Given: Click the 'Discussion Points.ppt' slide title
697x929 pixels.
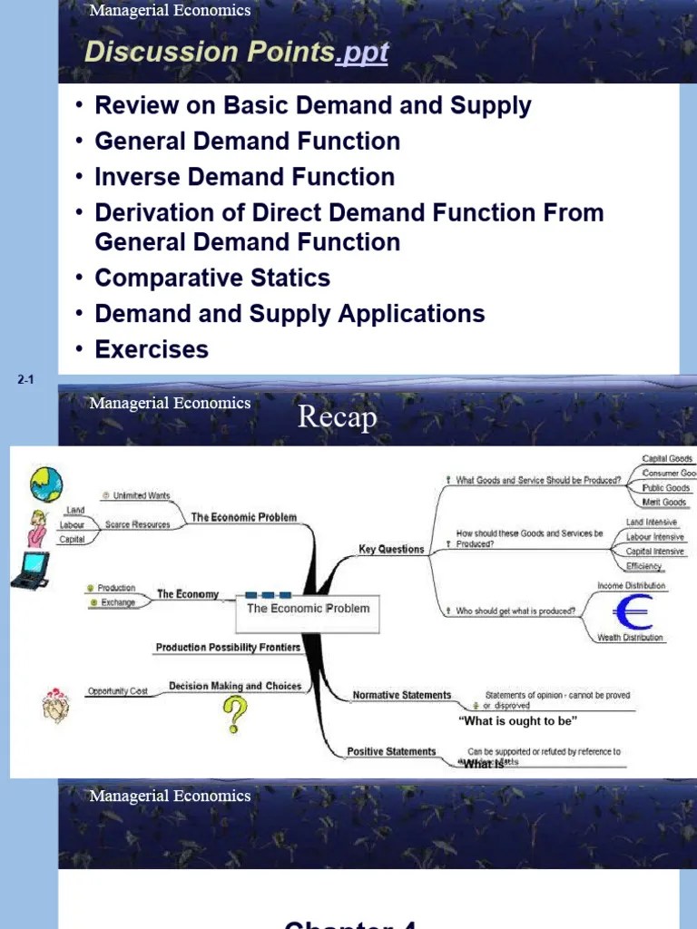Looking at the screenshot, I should point(236,53).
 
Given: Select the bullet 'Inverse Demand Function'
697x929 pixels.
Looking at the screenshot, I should point(244,177).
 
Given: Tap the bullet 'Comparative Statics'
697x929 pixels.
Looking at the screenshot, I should point(212,278).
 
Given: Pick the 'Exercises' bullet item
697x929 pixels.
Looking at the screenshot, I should point(152,349).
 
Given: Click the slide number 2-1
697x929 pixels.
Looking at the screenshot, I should point(25,380).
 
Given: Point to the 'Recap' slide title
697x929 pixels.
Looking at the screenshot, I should point(337,418).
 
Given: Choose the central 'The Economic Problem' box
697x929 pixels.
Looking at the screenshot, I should point(309,609).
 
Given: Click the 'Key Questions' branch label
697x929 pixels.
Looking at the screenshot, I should point(391,549).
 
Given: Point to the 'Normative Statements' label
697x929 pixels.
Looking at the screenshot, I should point(401,695).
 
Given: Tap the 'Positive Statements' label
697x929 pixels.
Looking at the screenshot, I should point(391,751).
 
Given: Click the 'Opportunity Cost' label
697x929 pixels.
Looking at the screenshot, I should point(117,691).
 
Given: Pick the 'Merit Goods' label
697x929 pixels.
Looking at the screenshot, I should point(663,503).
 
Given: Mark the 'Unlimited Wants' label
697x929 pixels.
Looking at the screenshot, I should point(141,496).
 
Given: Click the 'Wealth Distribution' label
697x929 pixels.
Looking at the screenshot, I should point(630,638).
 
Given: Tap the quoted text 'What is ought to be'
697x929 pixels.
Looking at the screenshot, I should point(517,721).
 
